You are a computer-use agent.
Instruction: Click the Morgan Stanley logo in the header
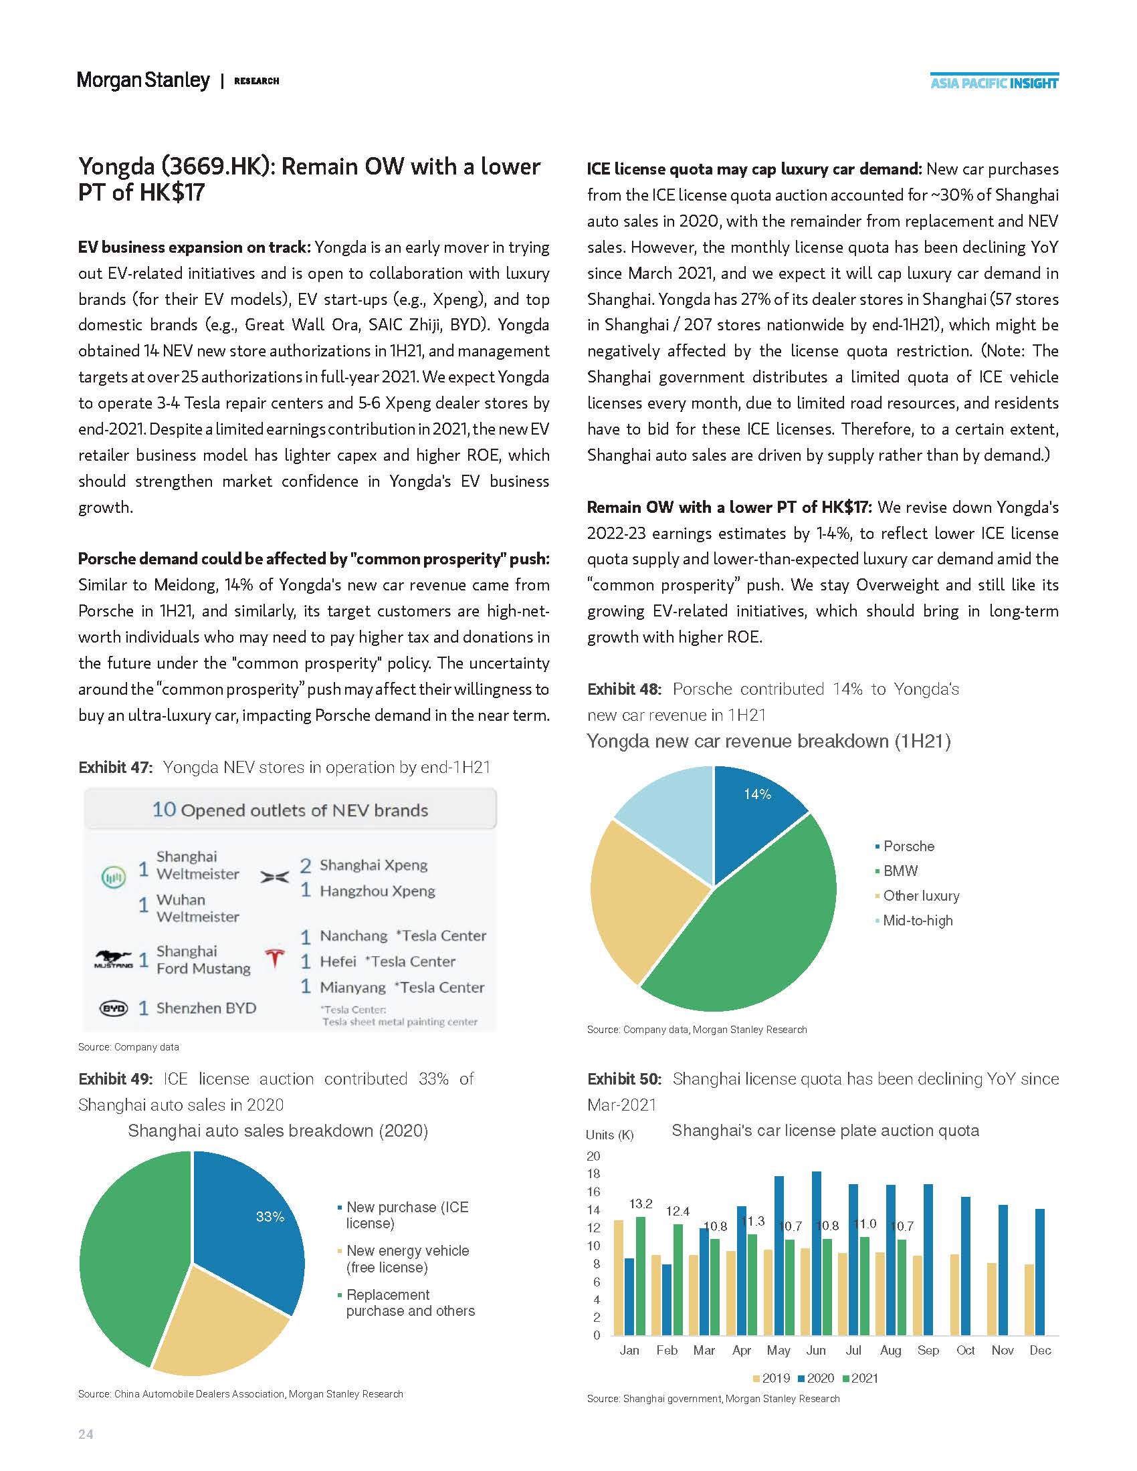click(143, 81)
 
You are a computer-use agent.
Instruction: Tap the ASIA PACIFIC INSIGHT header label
click(993, 83)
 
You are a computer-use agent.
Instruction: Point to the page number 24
click(86, 1434)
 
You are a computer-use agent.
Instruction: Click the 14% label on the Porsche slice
click(757, 795)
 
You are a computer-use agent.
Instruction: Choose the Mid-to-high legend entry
click(917, 921)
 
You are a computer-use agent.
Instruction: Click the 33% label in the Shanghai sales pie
click(270, 1216)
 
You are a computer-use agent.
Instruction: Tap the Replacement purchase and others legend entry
click(409, 1303)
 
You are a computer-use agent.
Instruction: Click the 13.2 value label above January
click(641, 1204)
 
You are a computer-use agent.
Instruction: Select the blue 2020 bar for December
click(1040, 1272)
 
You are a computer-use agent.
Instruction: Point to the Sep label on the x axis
click(928, 1351)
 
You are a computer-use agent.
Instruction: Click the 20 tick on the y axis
click(593, 1156)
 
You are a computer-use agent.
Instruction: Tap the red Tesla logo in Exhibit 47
click(274, 957)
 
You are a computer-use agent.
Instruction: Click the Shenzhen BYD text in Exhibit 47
click(205, 1008)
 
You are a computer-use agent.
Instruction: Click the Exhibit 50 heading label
click(624, 1079)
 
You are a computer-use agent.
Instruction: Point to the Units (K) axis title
click(609, 1135)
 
